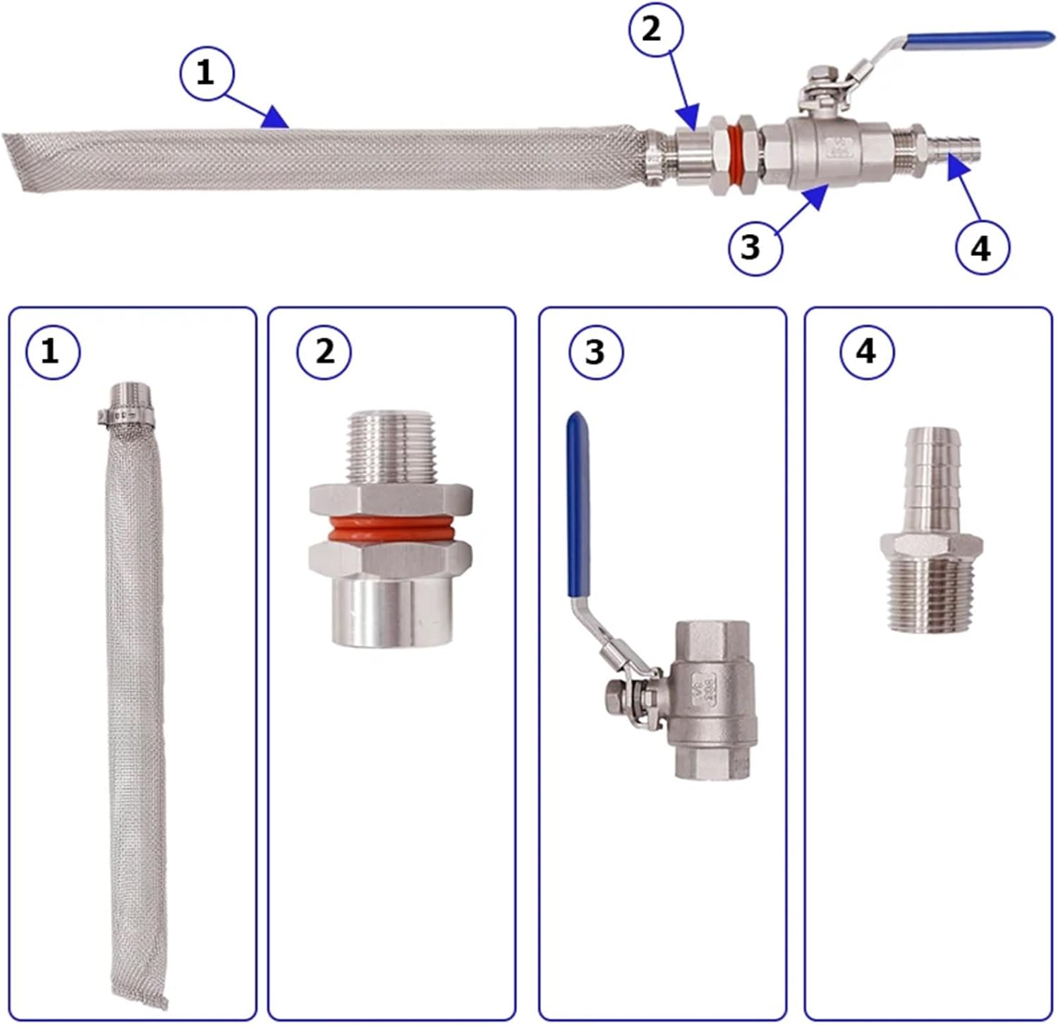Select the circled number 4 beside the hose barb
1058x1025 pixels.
[982, 247]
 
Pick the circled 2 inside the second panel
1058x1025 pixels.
[324, 350]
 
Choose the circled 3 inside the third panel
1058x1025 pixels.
[595, 350]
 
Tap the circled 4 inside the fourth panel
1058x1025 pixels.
[867, 350]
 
